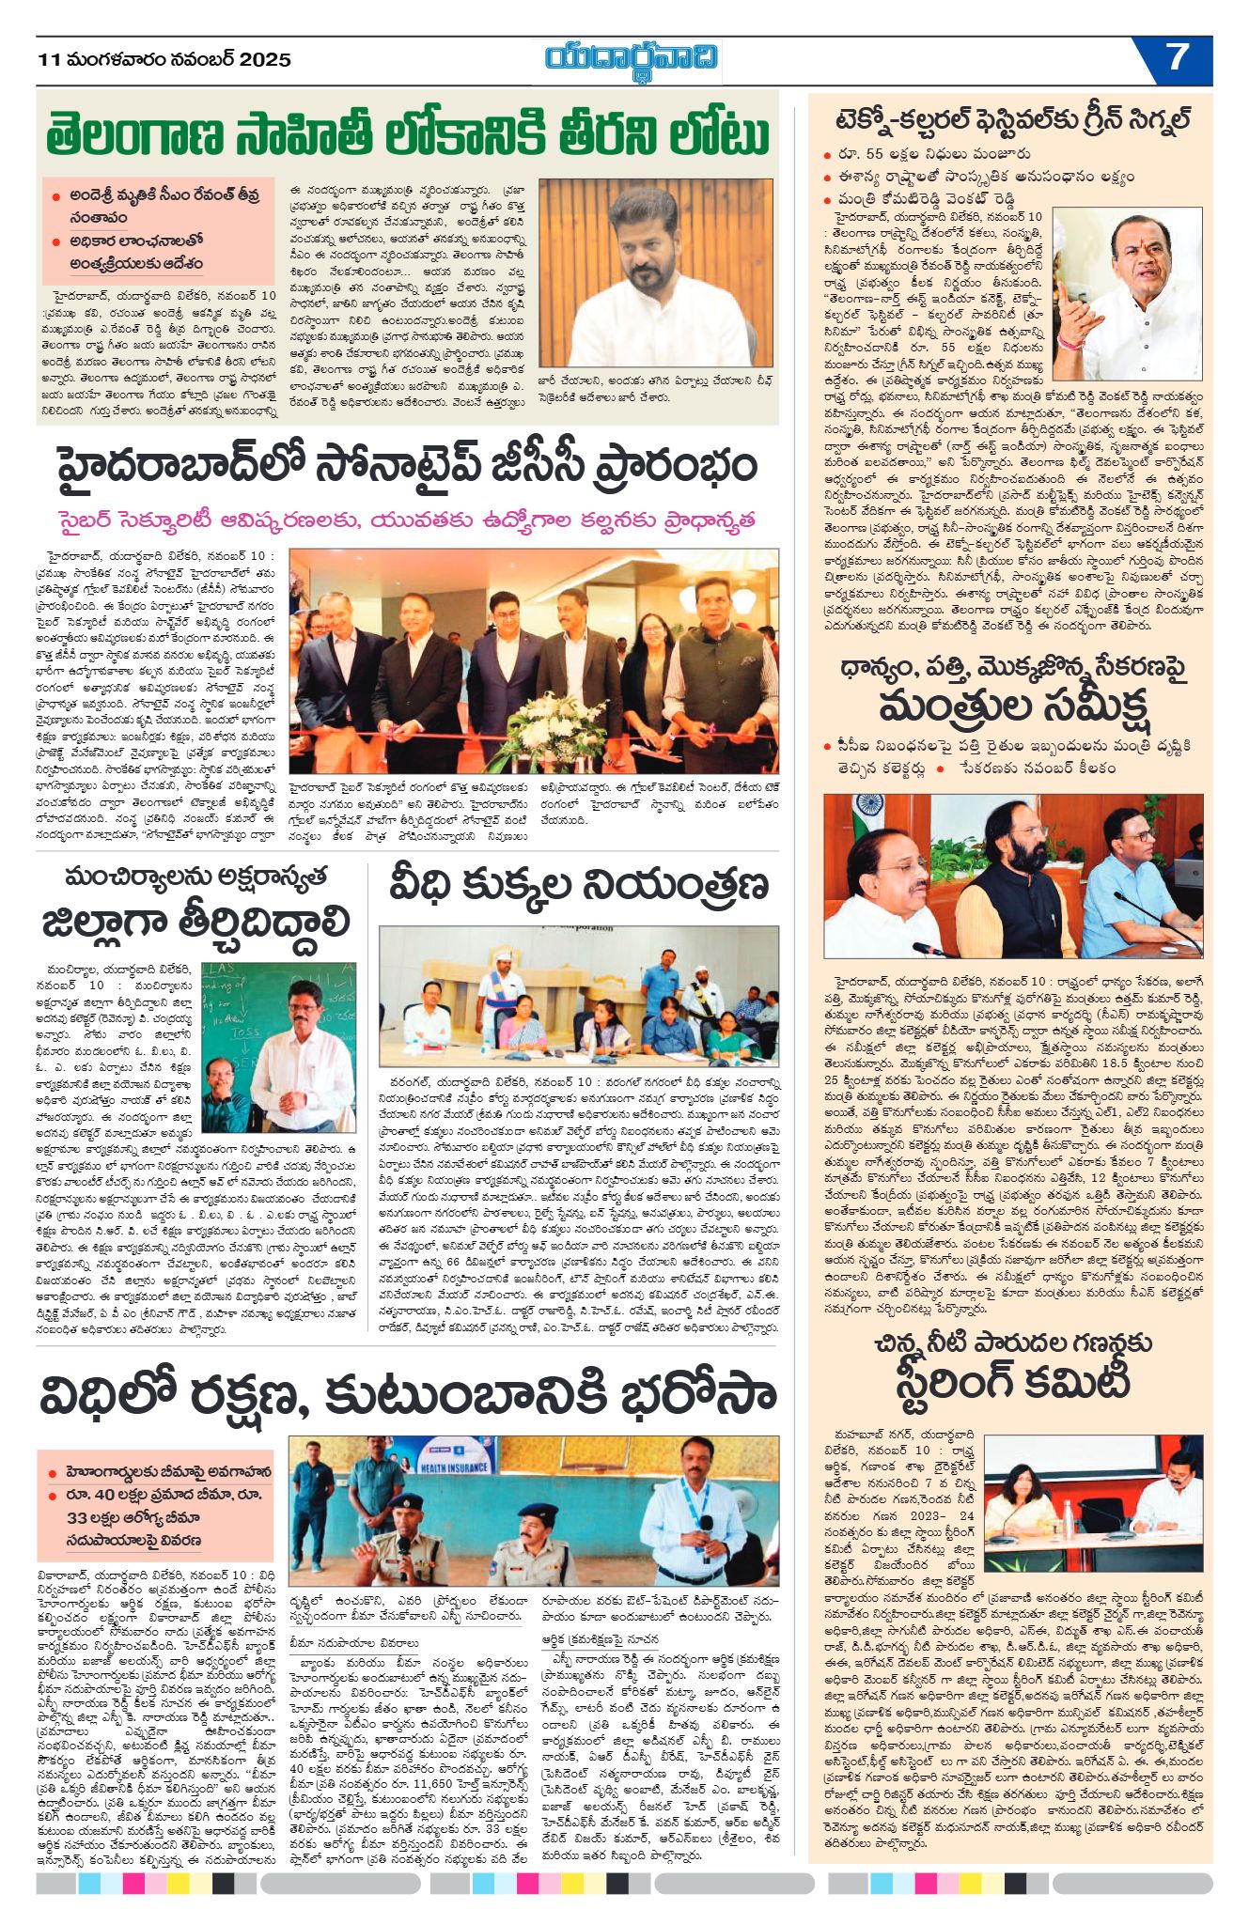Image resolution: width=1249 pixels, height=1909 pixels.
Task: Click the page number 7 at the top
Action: tap(1178, 58)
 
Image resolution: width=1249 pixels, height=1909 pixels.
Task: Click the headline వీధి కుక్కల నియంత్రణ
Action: tap(579, 884)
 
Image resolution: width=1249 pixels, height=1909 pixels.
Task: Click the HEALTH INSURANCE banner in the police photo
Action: tap(455, 1466)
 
